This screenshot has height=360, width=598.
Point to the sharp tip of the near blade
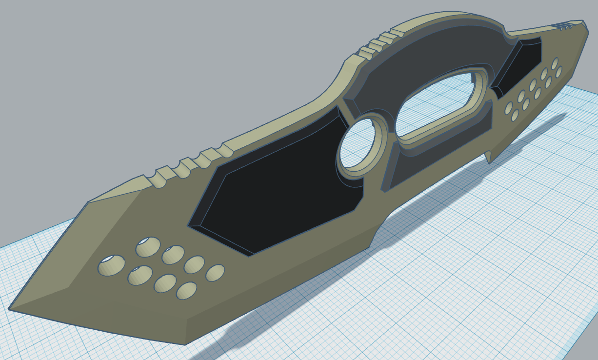[10, 308]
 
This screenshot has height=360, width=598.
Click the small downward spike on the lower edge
[489, 158]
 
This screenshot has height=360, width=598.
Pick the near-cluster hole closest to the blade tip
[111, 265]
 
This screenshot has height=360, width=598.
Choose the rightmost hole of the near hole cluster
[215, 273]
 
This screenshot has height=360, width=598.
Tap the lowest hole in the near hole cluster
[186, 291]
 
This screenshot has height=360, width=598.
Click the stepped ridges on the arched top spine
[378, 44]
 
